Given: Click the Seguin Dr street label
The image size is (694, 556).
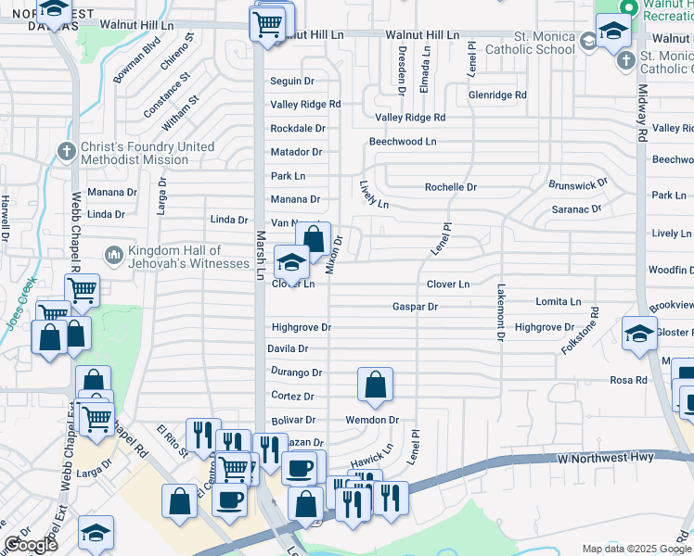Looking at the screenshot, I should pyautogui.click(x=292, y=82).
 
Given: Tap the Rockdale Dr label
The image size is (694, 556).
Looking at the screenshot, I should pyautogui.click(x=298, y=129).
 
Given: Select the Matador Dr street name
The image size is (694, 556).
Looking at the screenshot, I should pyautogui.click(x=296, y=152).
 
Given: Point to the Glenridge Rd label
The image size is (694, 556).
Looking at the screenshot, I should pyautogui.click(x=497, y=95).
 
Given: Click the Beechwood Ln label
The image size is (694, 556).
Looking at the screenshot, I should pyautogui.click(x=403, y=142).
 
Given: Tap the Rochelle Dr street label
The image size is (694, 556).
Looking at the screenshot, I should pyautogui.click(x=451, y=187).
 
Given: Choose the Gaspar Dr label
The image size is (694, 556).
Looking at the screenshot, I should pyautogui.click(x=415, y=307).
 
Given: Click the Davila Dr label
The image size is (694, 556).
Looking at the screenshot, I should pyautogui.click(x=288, y=349).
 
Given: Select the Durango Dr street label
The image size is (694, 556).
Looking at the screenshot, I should pyautogui.click(x=296, y=373).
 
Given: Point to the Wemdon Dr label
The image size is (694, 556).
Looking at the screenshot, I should pyautogui.click(x=372, y=420).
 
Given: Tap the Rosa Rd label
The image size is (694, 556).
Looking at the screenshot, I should pyautogui.click(x=628, y=381).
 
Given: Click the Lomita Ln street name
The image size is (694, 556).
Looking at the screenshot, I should pyautogui.click(x=559, y=302).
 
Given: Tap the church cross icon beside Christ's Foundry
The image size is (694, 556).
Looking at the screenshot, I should pyautogui.click(x=66, y=150).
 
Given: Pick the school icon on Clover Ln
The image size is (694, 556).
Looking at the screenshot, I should pyautogui.click(x=291, y=263).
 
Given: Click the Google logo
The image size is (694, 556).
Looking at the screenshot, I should pyautogui.click(x=31, y=545).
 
